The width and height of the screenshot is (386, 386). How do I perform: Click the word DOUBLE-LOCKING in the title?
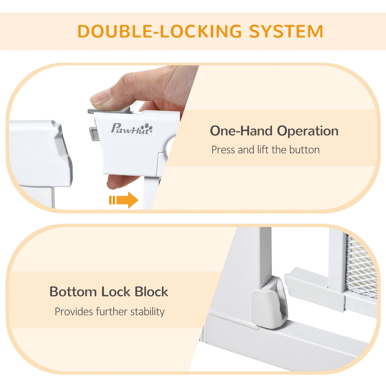[x=159, y=32]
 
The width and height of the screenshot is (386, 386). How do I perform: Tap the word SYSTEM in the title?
[x=286, y=32]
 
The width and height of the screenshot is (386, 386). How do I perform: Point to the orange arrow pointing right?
[x=124, y=200]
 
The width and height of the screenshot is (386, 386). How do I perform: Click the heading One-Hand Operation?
[x=274, y=131]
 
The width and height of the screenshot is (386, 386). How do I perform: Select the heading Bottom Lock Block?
[x=109, y=292]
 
